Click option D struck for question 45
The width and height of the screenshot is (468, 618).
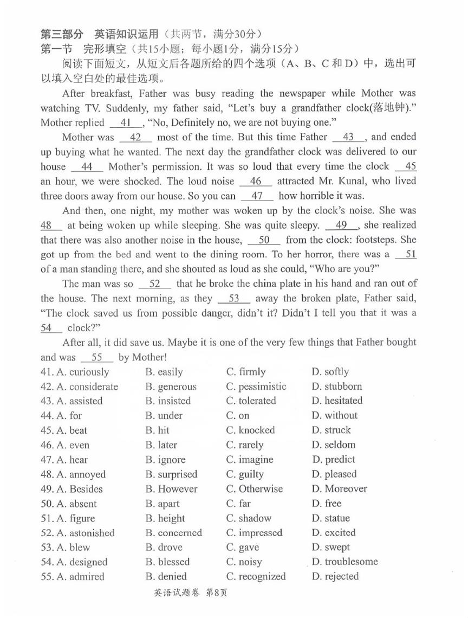pyautogui.click(x=331, y=430)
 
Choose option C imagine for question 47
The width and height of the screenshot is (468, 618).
pyautogui.click(x=250, y=460)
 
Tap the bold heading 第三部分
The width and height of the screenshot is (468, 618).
pyautogui.click(x=62, y=34)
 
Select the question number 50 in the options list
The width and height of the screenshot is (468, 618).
pyautogui.click(x=47, y=504)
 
